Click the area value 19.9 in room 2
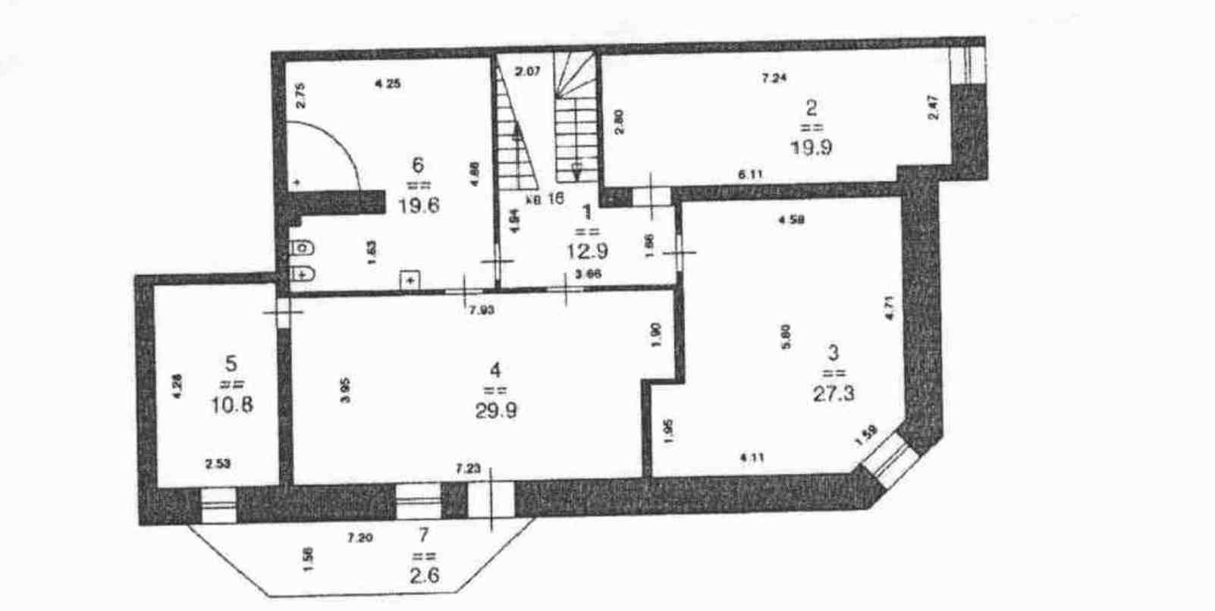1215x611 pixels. (811, 147)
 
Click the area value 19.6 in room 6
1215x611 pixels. (419, 205)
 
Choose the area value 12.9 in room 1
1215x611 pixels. (588, 250)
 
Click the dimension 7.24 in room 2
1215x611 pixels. (774, 77)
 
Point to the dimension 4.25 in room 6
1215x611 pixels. (388, 84)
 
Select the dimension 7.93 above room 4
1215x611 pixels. (482, 309)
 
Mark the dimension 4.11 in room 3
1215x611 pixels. (752, 456)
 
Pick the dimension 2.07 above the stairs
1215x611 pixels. (527, 73)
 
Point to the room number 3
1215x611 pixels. (834, 352)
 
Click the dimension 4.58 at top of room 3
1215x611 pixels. (792, 220)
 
